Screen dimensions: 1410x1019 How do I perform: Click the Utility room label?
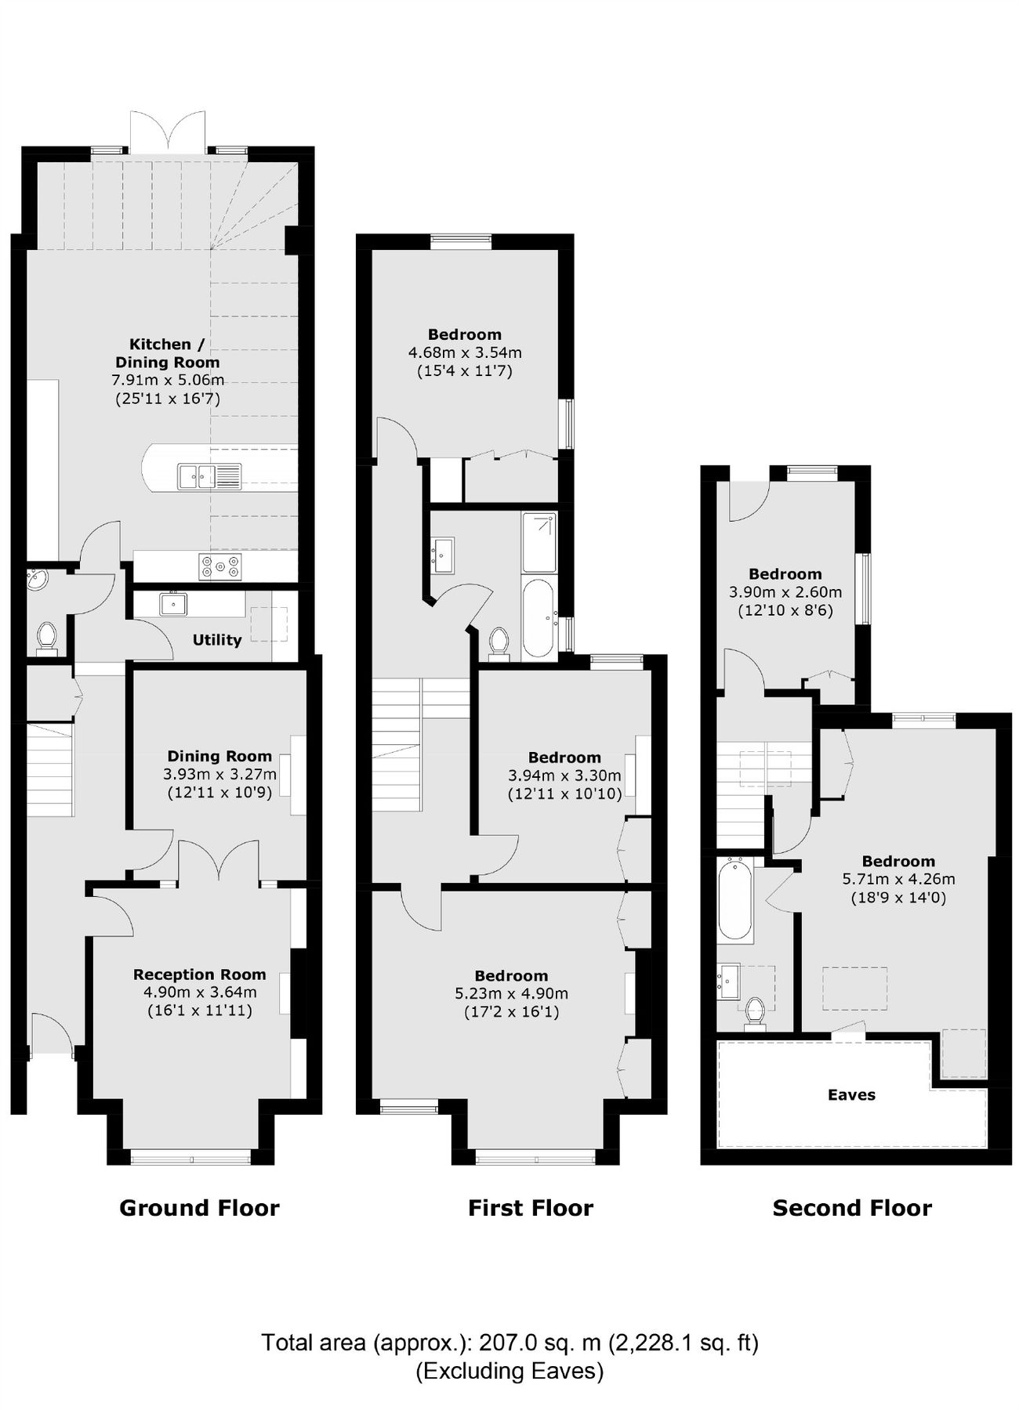pos(217,640)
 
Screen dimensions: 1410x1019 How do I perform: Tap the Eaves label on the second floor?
pos(851,1094)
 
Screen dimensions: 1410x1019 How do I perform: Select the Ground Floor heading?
pos(199,1208)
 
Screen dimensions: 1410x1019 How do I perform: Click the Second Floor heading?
pos(852,1208)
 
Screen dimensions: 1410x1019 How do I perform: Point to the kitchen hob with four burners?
pos(220,566)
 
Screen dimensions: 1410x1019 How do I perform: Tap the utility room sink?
pos(173,604)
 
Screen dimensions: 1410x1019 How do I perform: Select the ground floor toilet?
pos(47,638)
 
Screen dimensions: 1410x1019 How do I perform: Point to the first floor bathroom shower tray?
pos(539,542)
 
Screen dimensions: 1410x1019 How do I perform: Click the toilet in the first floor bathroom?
pos(499,643)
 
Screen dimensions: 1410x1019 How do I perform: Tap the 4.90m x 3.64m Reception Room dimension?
pos(199,992)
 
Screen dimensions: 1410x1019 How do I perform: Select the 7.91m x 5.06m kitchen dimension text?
pos(167,381)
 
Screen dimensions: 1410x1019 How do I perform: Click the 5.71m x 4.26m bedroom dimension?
pos(898,879)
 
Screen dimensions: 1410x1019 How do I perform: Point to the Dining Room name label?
pos(219,756)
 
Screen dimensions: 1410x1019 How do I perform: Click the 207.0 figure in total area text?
pos(508,1343)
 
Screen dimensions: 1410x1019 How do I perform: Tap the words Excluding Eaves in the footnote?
pos(509,1371)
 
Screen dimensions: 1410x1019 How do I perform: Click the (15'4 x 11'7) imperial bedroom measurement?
pos(464,371)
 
